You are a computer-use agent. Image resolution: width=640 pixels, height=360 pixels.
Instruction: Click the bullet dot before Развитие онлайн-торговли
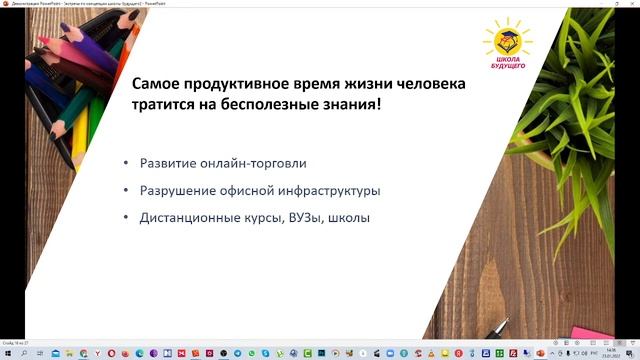[x=126, y=163]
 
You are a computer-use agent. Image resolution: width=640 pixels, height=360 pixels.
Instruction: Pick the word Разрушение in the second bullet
[x=174, y=190]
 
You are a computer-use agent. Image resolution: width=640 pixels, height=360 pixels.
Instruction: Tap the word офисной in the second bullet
[x=241, y=190]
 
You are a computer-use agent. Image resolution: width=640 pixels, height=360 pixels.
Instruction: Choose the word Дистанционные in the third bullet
[x=186, y=216]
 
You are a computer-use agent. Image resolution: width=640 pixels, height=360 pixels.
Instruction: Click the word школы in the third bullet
[x=349, y=216]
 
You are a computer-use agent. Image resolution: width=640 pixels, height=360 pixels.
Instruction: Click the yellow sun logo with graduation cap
[x=506, y=40]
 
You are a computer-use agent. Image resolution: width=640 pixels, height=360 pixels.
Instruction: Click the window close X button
[x=629, y=4]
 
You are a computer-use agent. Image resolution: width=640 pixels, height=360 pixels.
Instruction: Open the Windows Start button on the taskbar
[x=6, y=353]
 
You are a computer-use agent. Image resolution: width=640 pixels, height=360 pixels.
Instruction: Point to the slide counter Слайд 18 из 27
[x=16, y=341]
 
